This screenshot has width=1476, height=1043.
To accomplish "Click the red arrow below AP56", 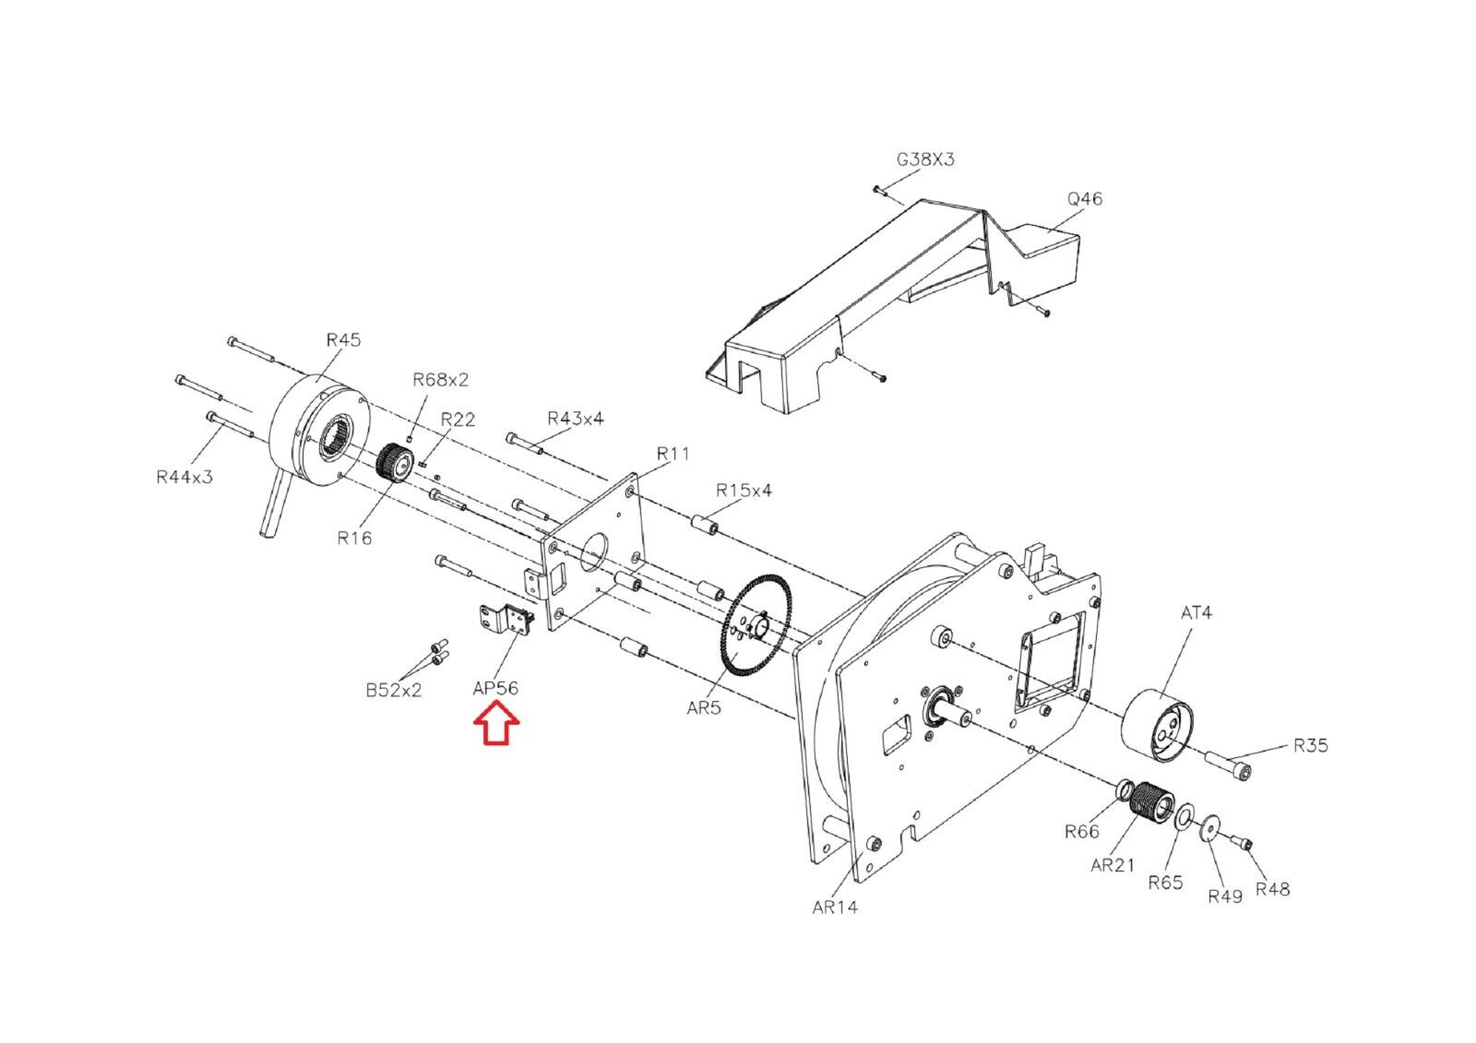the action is click(496, 723).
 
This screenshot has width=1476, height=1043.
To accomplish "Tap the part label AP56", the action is click(495, 688).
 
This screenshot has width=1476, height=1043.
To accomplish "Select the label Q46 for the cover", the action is click(1085, 199).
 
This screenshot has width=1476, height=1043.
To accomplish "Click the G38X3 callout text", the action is click(925, 160).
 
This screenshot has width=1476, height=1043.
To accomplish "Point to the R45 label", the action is click(343, 340).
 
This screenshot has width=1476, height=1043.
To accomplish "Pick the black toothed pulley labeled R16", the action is click(394, 463).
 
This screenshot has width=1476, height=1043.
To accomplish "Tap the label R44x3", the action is click(184, 477).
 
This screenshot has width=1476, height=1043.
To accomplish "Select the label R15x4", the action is click(744, 491).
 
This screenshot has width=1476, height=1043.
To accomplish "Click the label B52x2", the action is click(393, 691).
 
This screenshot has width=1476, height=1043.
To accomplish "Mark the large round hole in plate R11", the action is click(593, 551).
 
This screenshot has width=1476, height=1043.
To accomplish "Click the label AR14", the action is click(835, 907).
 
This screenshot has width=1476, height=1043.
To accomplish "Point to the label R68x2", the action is click(440, 380).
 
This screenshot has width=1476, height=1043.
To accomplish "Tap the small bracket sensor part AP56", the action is click(505, 620).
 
